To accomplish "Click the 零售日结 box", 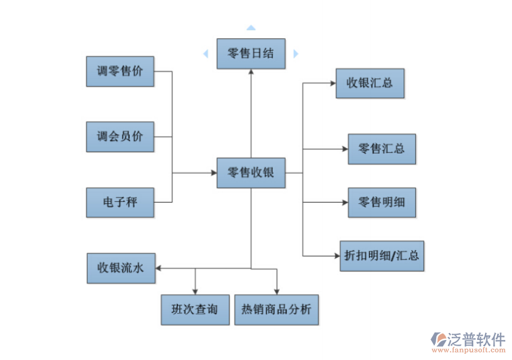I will pyautogui.click(x=251, y=53).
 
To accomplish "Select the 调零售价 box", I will pyautogui.click(x=120, y=71).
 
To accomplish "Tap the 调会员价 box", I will pyautogui.click(x=120, y=136).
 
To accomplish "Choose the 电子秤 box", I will pyautogui.click(x=120, y=202).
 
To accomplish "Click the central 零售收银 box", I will pyautogui.click(x=251, y=172).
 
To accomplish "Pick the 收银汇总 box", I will pyautogui.click(x=370, y=83).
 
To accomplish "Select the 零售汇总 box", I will pyautogui.click(x=382, y=149).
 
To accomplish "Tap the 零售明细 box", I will pyautogui.click(x=382, y=202).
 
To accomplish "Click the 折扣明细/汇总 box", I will pyautogui.click(x=382, y=255).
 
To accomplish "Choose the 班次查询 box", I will pyautogui.click(x=194, y=309).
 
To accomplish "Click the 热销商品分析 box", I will pyautogui.click(x=276, y=309).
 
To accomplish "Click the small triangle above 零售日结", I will pyautogui.click(x=251, y=28).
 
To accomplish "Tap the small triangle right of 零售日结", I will pyautogui.click(x=295, y=54).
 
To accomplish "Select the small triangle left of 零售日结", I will pyautogui.click(x=206, y=54).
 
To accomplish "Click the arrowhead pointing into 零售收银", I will pyautogui.click(x=212, y=172).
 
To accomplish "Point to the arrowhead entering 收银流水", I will pyautogui.click(x=159, y=268).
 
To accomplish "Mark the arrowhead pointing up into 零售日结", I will pyautogui.click(x=251, y=72).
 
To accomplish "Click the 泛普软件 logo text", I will pyautogui.click(x=476, y=339).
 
